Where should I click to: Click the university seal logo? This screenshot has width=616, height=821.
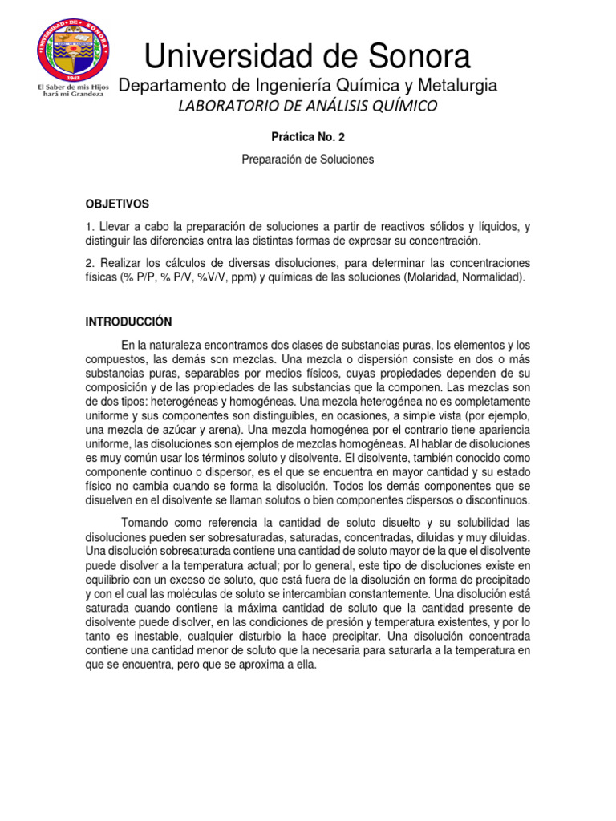click(x=73, y=50)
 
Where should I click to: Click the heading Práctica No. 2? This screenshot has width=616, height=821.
click(x=308, y=138)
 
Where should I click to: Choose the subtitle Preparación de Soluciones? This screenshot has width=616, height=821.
click(x=308, y=160)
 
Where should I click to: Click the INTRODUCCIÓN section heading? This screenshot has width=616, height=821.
click(x=128, y=322)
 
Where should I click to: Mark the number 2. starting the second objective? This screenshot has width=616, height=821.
click(x=90, y=264)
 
